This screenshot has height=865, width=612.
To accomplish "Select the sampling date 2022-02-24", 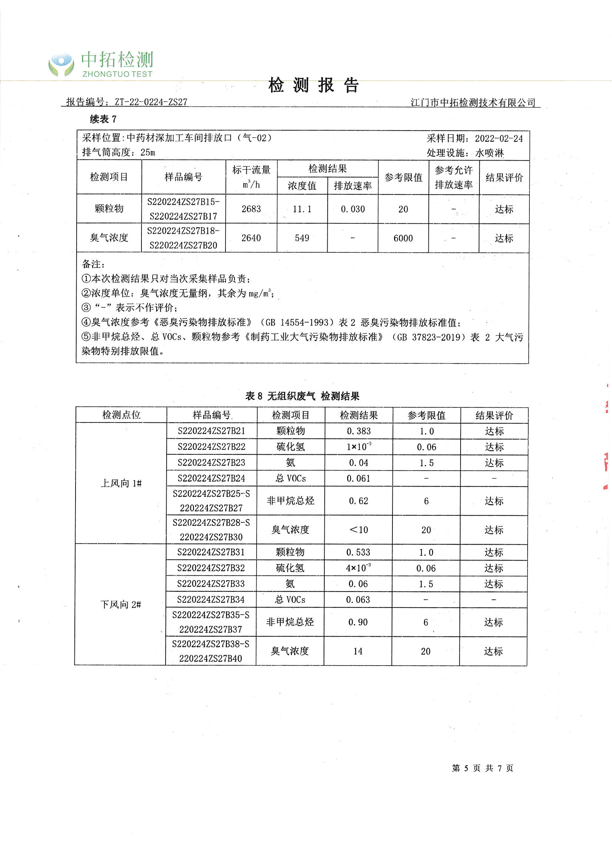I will click(498, 139).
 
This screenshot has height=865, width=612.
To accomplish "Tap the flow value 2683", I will click(251, 209).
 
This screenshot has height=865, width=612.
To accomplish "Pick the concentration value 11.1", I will click(302, 209).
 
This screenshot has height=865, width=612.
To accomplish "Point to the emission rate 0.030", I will click(352, 209).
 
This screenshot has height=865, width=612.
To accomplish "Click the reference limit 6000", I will click(403, 238).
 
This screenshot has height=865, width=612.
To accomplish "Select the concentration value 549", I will click(302, 238).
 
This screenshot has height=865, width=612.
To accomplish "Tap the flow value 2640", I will click(251, 238).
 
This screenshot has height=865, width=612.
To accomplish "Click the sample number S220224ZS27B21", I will click(211, 431).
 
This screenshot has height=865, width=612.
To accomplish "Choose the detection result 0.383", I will click(359, 431).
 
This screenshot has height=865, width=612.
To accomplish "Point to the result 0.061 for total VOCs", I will click(358, 478).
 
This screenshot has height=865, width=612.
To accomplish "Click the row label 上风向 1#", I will click(121, 483).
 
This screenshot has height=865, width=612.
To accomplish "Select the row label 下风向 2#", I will click(121, 605).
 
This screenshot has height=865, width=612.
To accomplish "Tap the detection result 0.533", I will click(358, 552).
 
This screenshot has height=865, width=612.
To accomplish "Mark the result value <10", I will click(359, 530).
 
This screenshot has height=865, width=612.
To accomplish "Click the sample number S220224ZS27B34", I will click(211, 599).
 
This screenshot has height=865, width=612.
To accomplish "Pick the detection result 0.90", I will click(358, 622).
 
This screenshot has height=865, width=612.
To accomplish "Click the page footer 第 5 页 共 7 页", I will click(482, 768).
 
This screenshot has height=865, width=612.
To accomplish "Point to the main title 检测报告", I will click(313, 85).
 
